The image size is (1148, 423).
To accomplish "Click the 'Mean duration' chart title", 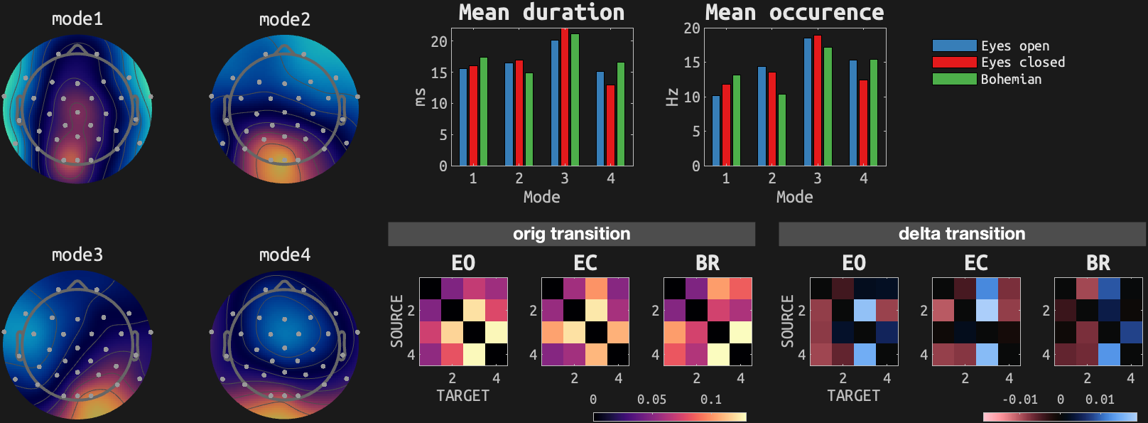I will tap(541, 13).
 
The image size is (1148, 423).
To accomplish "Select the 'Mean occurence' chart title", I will tap(794, 13).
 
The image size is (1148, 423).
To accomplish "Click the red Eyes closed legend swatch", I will tap(954, 62).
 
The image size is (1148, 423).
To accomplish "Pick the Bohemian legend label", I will tap(1011, 79).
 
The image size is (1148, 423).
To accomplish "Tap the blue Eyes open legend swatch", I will tap(954, 45).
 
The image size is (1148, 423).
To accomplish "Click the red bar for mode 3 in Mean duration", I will tap(565, 97).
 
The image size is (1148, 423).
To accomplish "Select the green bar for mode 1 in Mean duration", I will tap(484, 112).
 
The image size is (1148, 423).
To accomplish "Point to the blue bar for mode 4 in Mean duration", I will tap(600, 119).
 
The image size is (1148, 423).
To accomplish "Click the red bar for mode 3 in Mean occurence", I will tap(818, 100).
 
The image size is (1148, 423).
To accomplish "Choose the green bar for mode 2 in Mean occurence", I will tap(782, 130).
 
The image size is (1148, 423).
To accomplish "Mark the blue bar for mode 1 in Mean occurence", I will tap(716, 131).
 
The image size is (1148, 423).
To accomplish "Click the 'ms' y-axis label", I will tap(420, 97).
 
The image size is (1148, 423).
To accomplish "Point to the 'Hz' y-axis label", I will tap(672, 97).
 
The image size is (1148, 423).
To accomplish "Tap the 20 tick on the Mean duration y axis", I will tap(439, 41).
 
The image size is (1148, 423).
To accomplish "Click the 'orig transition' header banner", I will tap(571, 234).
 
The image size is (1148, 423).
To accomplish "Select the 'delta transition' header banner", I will tap(962, 234).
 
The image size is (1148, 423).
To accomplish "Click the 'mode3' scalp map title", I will tap(77, 255).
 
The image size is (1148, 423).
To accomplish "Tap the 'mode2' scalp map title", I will tap(285, 19).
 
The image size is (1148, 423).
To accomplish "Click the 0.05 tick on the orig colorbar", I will tap(651, 400).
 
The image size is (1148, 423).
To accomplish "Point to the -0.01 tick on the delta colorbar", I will tap(1019, 400).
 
